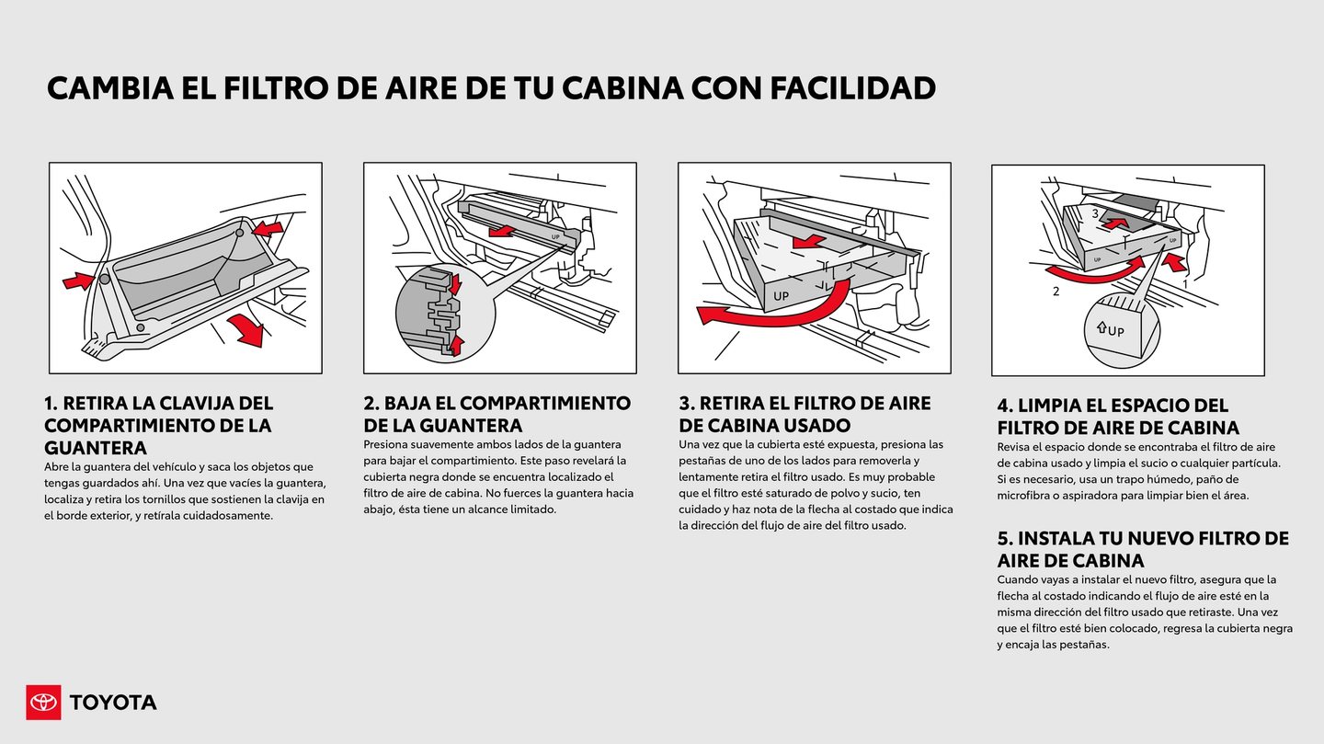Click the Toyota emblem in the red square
point(43,703)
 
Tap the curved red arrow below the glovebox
point(245,329)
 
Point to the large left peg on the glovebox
point(105,279)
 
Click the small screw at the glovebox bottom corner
point(140,326)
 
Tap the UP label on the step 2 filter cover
point(555,237)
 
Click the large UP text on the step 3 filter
point(782,296)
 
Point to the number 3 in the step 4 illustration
point(1095,213)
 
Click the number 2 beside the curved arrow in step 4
point(1056,292)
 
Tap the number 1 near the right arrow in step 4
point(1185,284)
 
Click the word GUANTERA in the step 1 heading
point(96,448)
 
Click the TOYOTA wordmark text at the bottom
point(113,703)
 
